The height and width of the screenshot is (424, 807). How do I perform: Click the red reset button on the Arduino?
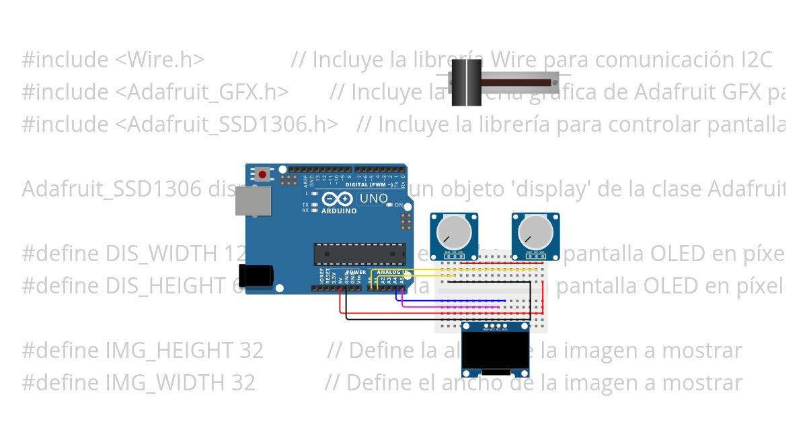coord(262,175)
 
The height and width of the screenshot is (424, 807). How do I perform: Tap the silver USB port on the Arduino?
coord(253,201)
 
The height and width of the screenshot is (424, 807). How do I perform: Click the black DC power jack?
coord(257,275)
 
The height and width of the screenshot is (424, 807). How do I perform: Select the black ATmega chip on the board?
coord(359,254)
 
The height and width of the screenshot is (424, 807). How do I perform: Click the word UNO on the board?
coord(374,199)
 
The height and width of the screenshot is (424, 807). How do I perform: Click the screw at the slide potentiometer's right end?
coord(555,82)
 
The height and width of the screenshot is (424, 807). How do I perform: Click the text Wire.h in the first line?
coord(160,60)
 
